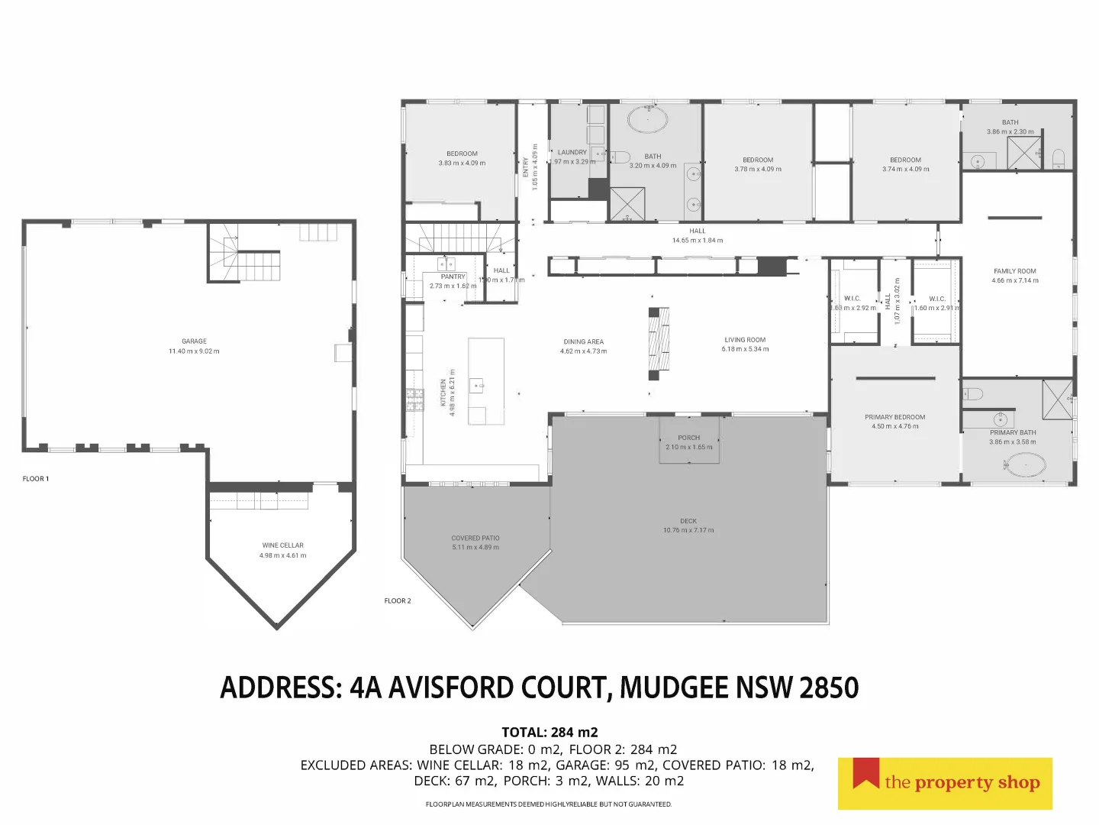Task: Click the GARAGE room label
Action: tap(194, 341)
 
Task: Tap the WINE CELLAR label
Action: tap(282, 545)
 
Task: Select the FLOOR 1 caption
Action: tap(36, 479)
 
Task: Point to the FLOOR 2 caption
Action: tap(398, 601)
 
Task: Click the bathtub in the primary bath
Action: tap(1023, 464)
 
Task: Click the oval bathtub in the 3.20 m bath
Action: tap(647, 120)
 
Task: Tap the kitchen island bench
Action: tap(486, 381)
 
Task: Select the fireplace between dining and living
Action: tap(659, 343)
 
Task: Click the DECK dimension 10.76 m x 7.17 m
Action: tap(688, 530)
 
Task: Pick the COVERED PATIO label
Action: tap(475, 538)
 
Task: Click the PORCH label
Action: tap(688, 438)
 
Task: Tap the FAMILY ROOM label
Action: tap(1014, 271)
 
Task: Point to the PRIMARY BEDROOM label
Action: tap(894, 417)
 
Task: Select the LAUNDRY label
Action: tap(572, 153)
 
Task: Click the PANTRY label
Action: tap(453, 277)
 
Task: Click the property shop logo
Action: tap(945, 783)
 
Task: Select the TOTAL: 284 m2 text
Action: tap(549, 733)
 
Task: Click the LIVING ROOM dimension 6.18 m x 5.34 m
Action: tap(745, 350)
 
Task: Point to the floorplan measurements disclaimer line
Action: tap(549, 804)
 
